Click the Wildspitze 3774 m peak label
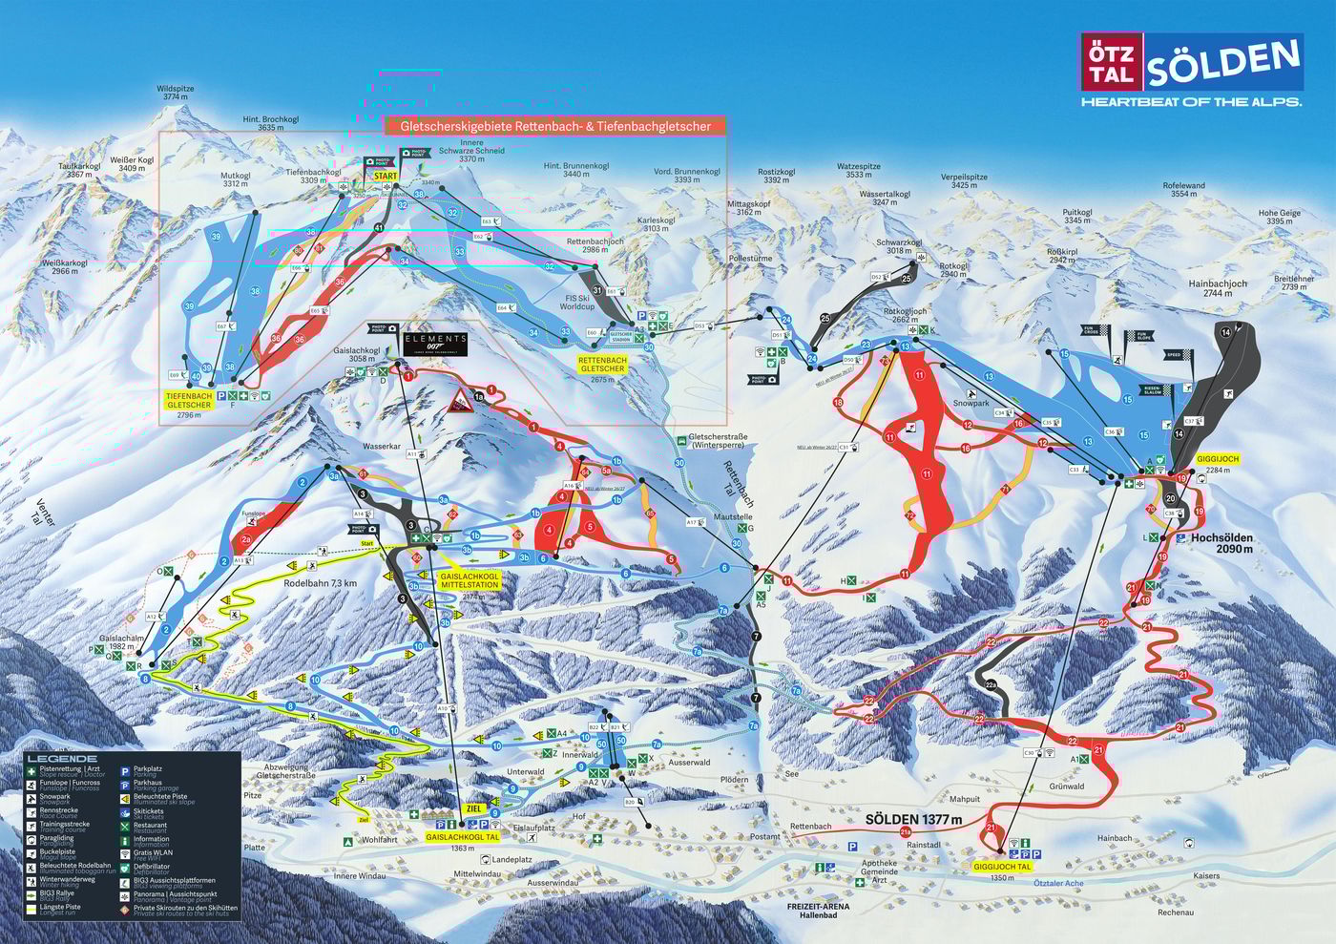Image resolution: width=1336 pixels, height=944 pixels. tap(175, 93)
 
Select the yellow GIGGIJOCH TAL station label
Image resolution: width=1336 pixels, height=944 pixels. tap(1002, 867)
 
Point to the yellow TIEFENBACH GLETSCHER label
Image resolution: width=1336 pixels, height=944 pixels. tap(189, 400)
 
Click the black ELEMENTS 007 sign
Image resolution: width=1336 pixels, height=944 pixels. tap(435, 344)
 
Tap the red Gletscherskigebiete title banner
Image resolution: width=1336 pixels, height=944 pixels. tap(554, 126)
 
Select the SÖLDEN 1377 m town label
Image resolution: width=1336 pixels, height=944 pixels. tap(913, 819)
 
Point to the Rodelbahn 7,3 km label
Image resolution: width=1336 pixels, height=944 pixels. tap(320, 583)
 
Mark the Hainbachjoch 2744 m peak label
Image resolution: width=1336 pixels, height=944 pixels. tap(1218, 288)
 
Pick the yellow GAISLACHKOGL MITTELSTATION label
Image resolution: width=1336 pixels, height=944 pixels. tap(469, 582)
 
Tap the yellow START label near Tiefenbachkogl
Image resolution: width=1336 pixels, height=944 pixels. tap(386, 177)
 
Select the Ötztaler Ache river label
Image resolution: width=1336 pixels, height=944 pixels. tap(1058, 883)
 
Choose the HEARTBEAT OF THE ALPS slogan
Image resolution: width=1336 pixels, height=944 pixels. tap(1190, 101)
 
